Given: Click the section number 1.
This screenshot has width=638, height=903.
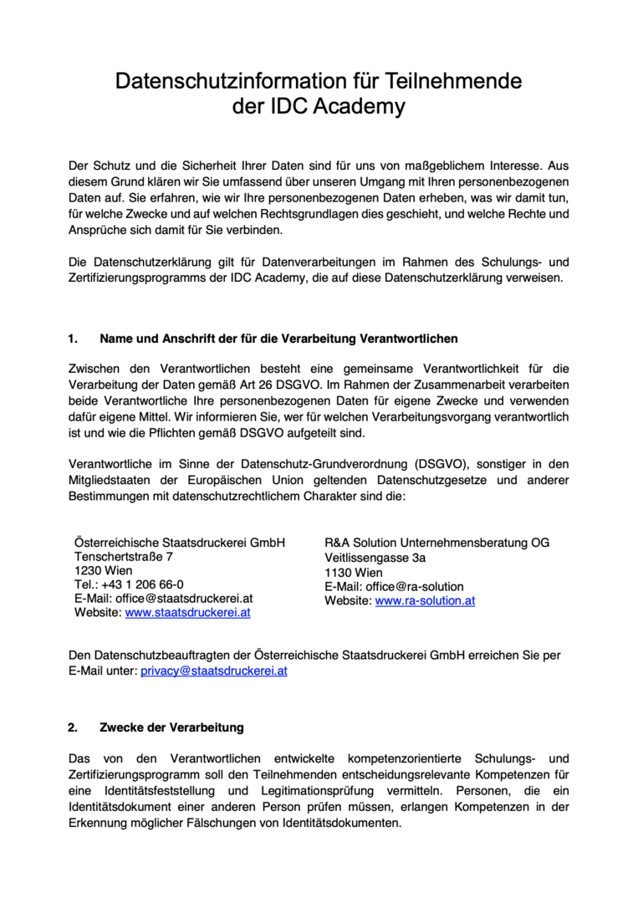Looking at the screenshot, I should [73, 339].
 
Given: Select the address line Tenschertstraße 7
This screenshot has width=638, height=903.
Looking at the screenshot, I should [124, 556].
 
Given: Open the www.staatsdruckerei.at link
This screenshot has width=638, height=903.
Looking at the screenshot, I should [188, 613].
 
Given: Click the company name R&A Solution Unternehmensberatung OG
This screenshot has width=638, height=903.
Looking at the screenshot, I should [437, 543].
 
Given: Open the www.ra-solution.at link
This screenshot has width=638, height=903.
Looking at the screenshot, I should [425, 600].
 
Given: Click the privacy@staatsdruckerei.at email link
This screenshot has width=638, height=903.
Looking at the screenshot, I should [213, 671].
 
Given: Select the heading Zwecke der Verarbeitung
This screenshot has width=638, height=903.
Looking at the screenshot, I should [171, 727].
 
